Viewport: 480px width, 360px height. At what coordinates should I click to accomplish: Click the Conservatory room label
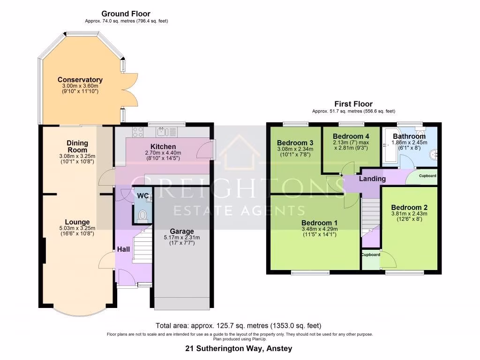click(80, 80)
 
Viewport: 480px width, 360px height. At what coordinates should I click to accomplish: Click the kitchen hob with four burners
click(138, 131)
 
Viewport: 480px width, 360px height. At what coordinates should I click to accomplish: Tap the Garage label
click(181, 231)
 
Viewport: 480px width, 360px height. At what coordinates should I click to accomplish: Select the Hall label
click(123, 249)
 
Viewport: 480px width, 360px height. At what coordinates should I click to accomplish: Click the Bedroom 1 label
click(320, 222)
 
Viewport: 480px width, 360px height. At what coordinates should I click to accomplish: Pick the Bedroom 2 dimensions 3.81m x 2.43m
click(409, 214)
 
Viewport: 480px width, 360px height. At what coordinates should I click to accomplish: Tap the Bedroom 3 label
click(294, 143)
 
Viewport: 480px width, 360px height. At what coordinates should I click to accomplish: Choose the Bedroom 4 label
click(351, 136)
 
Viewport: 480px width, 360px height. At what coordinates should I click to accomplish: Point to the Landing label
click(372, 179)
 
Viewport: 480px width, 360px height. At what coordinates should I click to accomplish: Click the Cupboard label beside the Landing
click(427, 176)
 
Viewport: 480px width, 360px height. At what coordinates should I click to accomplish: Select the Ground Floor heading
click(126, 14)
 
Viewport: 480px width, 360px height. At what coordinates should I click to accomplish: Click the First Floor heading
click(353, 104)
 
